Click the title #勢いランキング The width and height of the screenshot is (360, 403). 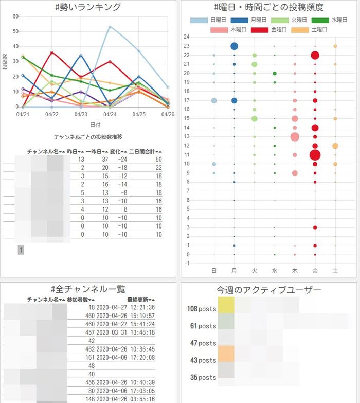(x=87, y=7)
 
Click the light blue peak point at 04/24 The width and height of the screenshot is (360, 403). (x=110, y=27)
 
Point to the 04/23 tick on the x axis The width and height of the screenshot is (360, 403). (x=81, y=114)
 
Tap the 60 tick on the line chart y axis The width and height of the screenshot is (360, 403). (x=15, y=16)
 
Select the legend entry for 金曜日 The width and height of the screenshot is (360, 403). (x=268, y=30)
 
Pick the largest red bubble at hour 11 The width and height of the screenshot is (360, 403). (x=315, y=155)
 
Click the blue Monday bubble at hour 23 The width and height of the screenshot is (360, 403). (x=234, y=46)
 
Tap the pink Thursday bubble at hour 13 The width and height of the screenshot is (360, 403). (x=295, y=137)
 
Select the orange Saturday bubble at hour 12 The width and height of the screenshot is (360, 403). (x=335, y=146)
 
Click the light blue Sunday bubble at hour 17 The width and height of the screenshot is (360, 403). (x=214, y=100)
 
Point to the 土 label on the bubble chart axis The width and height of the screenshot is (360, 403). (x=335, y=270)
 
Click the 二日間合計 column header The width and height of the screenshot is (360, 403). (x=145, y=151)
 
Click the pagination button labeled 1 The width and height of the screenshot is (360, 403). (x=21, y=250)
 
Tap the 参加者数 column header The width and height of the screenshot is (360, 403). (x=84, y=300)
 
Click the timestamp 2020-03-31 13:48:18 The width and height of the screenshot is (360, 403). (x=125, y=332)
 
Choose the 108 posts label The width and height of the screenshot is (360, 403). (x=201, y=309)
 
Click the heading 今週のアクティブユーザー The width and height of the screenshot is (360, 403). (x=269, y=290)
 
